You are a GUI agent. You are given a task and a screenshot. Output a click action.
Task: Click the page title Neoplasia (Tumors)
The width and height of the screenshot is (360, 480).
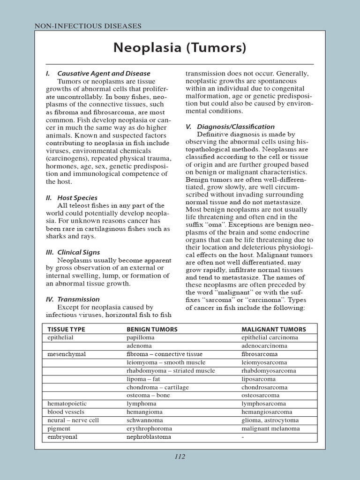pos(180,48)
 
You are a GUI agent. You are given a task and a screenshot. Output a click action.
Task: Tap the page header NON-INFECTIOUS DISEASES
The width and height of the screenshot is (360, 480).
pos(88,26)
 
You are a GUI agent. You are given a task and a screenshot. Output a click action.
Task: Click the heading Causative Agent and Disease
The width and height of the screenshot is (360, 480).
pos(103,74)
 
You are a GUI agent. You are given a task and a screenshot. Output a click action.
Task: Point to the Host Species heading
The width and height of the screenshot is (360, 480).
pos(77,198)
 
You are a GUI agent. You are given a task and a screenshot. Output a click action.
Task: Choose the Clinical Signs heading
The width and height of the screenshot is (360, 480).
pos(79,252)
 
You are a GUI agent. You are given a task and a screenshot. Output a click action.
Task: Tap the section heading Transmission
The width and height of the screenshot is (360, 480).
pos(78,299)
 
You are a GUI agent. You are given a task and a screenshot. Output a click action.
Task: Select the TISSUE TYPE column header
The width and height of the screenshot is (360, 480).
pos(66,330)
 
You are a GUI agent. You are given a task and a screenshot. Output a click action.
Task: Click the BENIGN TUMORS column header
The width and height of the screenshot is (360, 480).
pos(152,330)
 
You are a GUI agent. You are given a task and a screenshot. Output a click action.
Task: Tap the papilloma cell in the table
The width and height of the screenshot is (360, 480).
pos(140,337)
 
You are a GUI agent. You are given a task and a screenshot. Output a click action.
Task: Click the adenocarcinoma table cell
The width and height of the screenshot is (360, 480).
pos(264,346)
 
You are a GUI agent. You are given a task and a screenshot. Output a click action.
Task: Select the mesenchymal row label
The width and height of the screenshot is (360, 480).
pos(67,354)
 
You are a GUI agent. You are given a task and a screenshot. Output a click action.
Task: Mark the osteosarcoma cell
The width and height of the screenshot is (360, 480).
pos(260,396)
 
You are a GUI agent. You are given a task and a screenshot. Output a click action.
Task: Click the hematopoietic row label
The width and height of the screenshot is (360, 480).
pos(67,404)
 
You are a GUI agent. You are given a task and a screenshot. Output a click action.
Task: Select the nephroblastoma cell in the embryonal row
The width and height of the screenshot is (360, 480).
pos(149,437)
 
